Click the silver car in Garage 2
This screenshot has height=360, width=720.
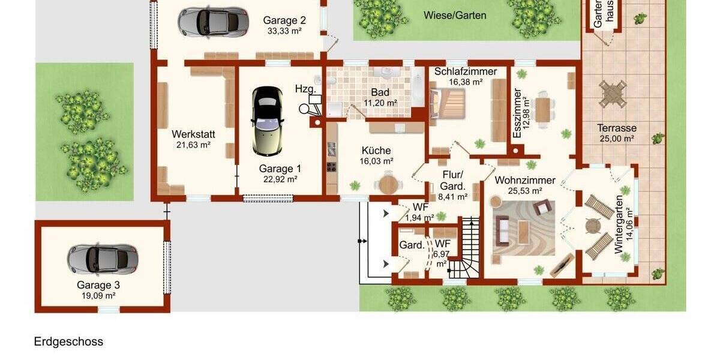pyautogui.click(x=212, y=22)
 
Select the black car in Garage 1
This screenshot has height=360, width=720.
pyautogui.click(x=267, y=120)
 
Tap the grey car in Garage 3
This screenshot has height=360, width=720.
pyautogui.click(x=102, y=259)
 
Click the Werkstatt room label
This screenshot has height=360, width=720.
pyautogui.click(x=193, y=134)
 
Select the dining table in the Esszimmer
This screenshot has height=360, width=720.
pyautogui.click(x=542, y=110)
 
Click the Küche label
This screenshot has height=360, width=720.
pyautogui.click(x=376, y=151)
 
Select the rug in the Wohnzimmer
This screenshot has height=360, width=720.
pyautogui.click(x=523, y=227)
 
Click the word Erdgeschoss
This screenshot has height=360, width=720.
pyautogui.click(x=68, y=342)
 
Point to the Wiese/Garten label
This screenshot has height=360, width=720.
pyautogui.click(x=454, y=16)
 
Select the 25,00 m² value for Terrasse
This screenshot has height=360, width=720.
pyautogui.click(x=616, y=139)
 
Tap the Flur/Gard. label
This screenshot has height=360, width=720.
pyautogui.click(x=452, y=181)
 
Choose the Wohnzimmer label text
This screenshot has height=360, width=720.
pyautogui.click(x=525, y=180)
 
